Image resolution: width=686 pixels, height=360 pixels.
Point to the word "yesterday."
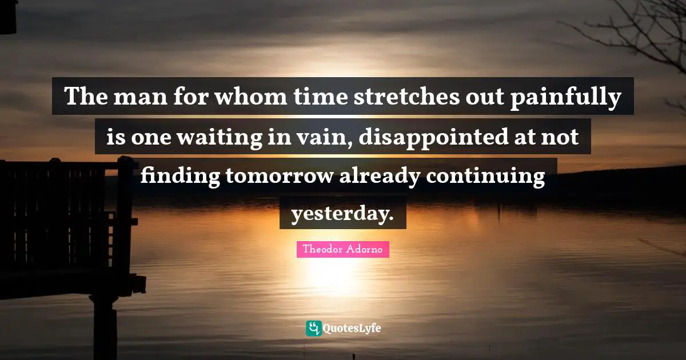(x=343, y=214)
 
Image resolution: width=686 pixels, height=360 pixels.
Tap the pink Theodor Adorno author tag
(x=343, y=249)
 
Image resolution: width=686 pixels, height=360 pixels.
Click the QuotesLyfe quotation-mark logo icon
(x=313, y=328)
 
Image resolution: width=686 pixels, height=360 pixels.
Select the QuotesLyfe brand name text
(x=352, y=329)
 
